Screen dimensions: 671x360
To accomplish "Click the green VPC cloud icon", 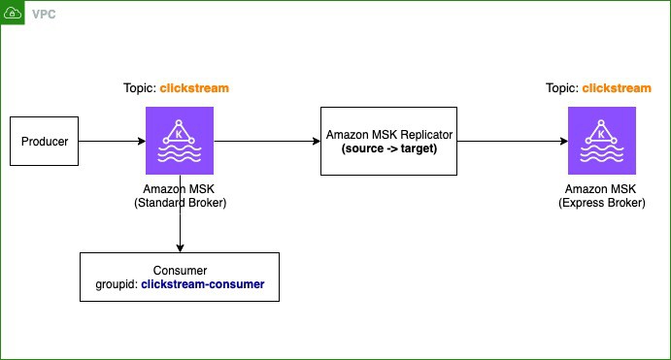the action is (x=13, y=13).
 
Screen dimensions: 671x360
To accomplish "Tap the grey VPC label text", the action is (x=44, y=15).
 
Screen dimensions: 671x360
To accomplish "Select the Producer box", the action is (x=44, y=141).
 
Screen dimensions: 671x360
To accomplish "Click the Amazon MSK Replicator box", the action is (x=389, y=141).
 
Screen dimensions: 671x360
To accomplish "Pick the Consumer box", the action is (x=180, y=278).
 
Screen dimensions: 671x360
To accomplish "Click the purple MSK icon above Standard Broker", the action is (x=180, y=141).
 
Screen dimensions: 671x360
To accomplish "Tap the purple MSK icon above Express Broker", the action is (x=602, y=141).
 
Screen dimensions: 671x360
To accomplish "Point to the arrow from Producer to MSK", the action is (x=112, y=141).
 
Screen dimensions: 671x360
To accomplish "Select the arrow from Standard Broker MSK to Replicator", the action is (x=267, y=141).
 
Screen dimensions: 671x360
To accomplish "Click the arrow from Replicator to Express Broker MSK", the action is (x=513, y=141).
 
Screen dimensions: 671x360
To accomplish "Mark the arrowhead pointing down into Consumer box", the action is (x=181, y=248).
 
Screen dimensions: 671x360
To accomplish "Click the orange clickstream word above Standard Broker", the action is (x=194, y=88).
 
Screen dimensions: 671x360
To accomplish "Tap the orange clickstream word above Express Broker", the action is (x=617, y=88).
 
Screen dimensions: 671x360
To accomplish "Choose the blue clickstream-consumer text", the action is (x=203, y=284).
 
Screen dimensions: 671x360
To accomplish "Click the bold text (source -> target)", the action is (x=389, y=148).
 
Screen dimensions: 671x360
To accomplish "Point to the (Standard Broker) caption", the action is (x=181, y=203).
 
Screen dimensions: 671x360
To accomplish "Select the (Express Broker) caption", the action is (x=602, y=203).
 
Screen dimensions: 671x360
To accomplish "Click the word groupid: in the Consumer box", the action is (x=117, y=284).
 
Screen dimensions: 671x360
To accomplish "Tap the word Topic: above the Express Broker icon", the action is (x=562, y=88).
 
